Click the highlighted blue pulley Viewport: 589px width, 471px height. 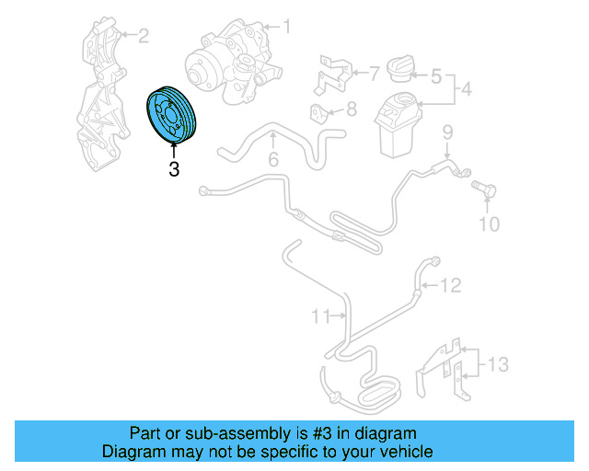coord(171,115)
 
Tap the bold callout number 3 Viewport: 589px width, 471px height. coord(174,169)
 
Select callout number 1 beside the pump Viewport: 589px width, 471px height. coord(287,27)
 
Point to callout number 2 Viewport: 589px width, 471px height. coord(144,36)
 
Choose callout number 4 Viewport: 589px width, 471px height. coord(467,89)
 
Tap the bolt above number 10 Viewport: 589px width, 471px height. coord(484,190)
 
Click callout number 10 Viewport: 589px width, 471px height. coord(490,224)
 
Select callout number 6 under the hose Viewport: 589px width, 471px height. coord(273,159)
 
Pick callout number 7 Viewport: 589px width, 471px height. coord(375,74)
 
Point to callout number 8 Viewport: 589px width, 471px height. coord(352,109)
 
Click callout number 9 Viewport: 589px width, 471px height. coord(448,132)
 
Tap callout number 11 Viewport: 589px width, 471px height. coord(321,316)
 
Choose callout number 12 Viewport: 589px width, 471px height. coord(450,285)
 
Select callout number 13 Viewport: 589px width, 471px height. coord(498,364)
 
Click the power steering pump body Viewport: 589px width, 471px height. coord(234,62)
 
